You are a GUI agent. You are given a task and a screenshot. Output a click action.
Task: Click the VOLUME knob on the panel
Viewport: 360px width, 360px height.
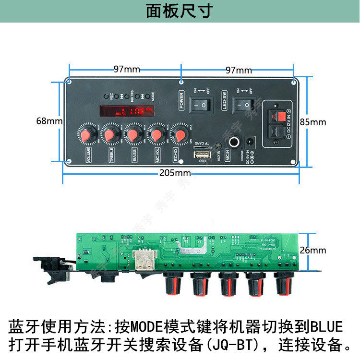tap(87, 134)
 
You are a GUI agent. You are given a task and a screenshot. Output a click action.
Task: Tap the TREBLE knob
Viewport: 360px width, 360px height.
tap(110, 134)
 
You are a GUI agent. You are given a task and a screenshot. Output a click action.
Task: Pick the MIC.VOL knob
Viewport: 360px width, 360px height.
tap(156, 134)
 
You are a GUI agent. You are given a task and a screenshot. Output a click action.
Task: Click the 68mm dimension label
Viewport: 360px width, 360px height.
tap(48, 121)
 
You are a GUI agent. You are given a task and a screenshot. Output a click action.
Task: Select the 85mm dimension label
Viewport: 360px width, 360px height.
tap(312, 122)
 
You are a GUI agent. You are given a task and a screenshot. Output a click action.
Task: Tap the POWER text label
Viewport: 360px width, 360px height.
tap(182, 100)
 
